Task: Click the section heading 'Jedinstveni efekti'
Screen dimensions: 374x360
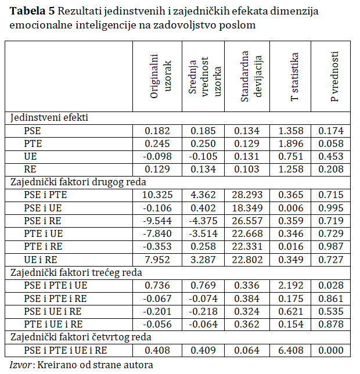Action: [49, 118]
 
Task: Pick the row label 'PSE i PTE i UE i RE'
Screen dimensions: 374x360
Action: [66, 351]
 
